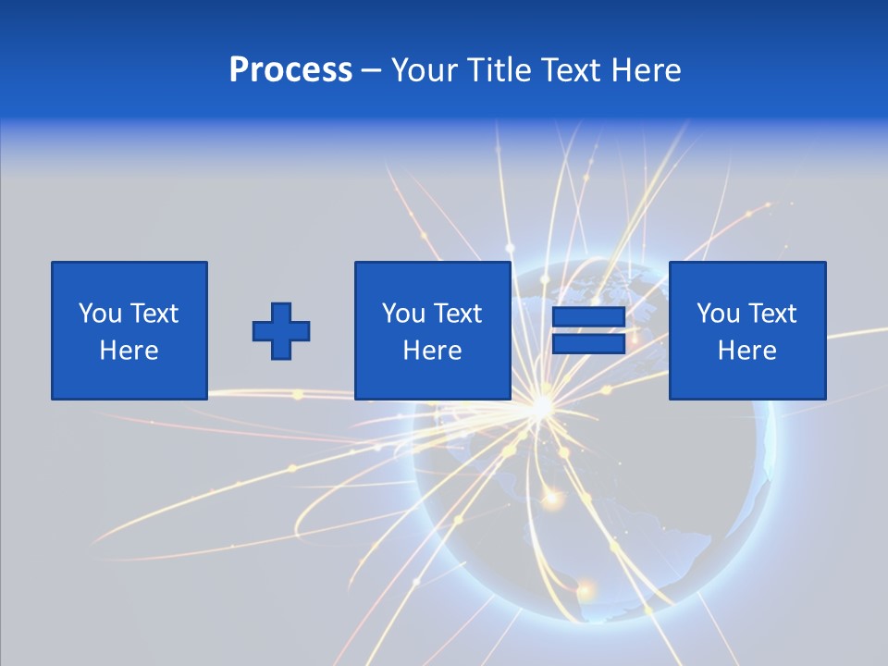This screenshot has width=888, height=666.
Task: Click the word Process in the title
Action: (290, 70)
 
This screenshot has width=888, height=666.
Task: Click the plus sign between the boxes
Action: (281, 331)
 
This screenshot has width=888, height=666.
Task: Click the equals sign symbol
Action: (588, 331)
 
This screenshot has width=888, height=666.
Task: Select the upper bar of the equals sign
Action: (588, 317)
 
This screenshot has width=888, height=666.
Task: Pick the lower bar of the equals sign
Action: (588, 344)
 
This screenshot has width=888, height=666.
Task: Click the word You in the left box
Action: (100, 314)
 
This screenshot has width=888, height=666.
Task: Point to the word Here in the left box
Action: (129, 351)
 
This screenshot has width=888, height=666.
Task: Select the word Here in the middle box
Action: (432, 351)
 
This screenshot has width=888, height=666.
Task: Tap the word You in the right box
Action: (718, 314)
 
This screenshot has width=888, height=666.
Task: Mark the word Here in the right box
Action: (746, 351)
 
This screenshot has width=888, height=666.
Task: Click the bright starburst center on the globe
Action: (539, 407)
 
